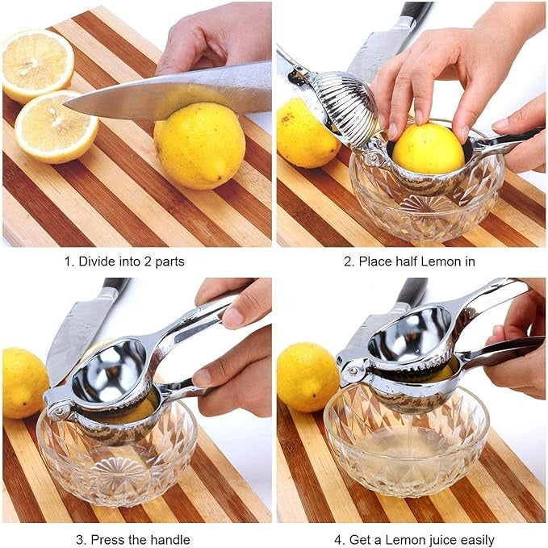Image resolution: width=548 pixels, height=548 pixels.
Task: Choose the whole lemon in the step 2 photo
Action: pyautogui.click(x=304, y=134)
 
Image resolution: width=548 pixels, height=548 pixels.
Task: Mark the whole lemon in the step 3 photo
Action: pyautogui.click(x=23, y=383)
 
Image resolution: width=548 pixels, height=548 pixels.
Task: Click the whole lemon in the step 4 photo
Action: pyautogui.click(x=306, y=378)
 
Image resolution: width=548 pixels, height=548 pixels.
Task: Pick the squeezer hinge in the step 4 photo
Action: pyautogui.click(x=352, y=374)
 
